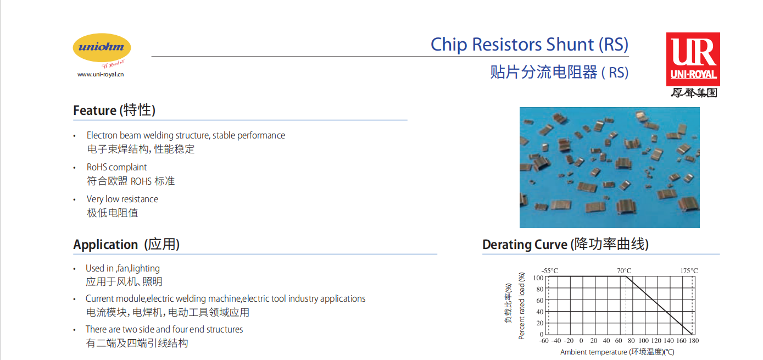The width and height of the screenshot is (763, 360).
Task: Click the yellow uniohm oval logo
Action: point(102,48)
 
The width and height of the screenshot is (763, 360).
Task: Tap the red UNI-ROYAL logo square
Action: point(693,59)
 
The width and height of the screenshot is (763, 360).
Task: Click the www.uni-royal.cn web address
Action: point(101,74)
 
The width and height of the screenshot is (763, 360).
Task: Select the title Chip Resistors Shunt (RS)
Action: point(530,45)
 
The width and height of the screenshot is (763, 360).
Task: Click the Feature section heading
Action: point(114,110)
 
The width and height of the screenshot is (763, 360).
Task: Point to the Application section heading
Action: point(126,245)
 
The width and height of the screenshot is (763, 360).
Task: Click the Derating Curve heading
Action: point(565,245)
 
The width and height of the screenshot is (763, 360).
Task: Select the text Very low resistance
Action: point(122,199)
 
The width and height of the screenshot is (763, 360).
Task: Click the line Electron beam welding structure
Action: point(186,135)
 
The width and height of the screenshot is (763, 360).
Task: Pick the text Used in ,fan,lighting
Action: point(122,269)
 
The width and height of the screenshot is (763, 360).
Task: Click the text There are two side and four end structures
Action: point(164,329)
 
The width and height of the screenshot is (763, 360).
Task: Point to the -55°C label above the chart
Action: point(550,270)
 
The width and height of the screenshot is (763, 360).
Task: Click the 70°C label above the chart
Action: point(624,270)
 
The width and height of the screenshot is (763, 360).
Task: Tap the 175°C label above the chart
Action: point(689,270)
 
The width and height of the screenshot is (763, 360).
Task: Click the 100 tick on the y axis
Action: point(538,278)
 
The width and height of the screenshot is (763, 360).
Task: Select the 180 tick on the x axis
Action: point(694,341)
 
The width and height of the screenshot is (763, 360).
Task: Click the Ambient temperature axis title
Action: point(617,352)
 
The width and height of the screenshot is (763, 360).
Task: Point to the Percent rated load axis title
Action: point(521,306)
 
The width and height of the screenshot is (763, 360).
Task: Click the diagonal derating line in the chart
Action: point(659,306)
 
